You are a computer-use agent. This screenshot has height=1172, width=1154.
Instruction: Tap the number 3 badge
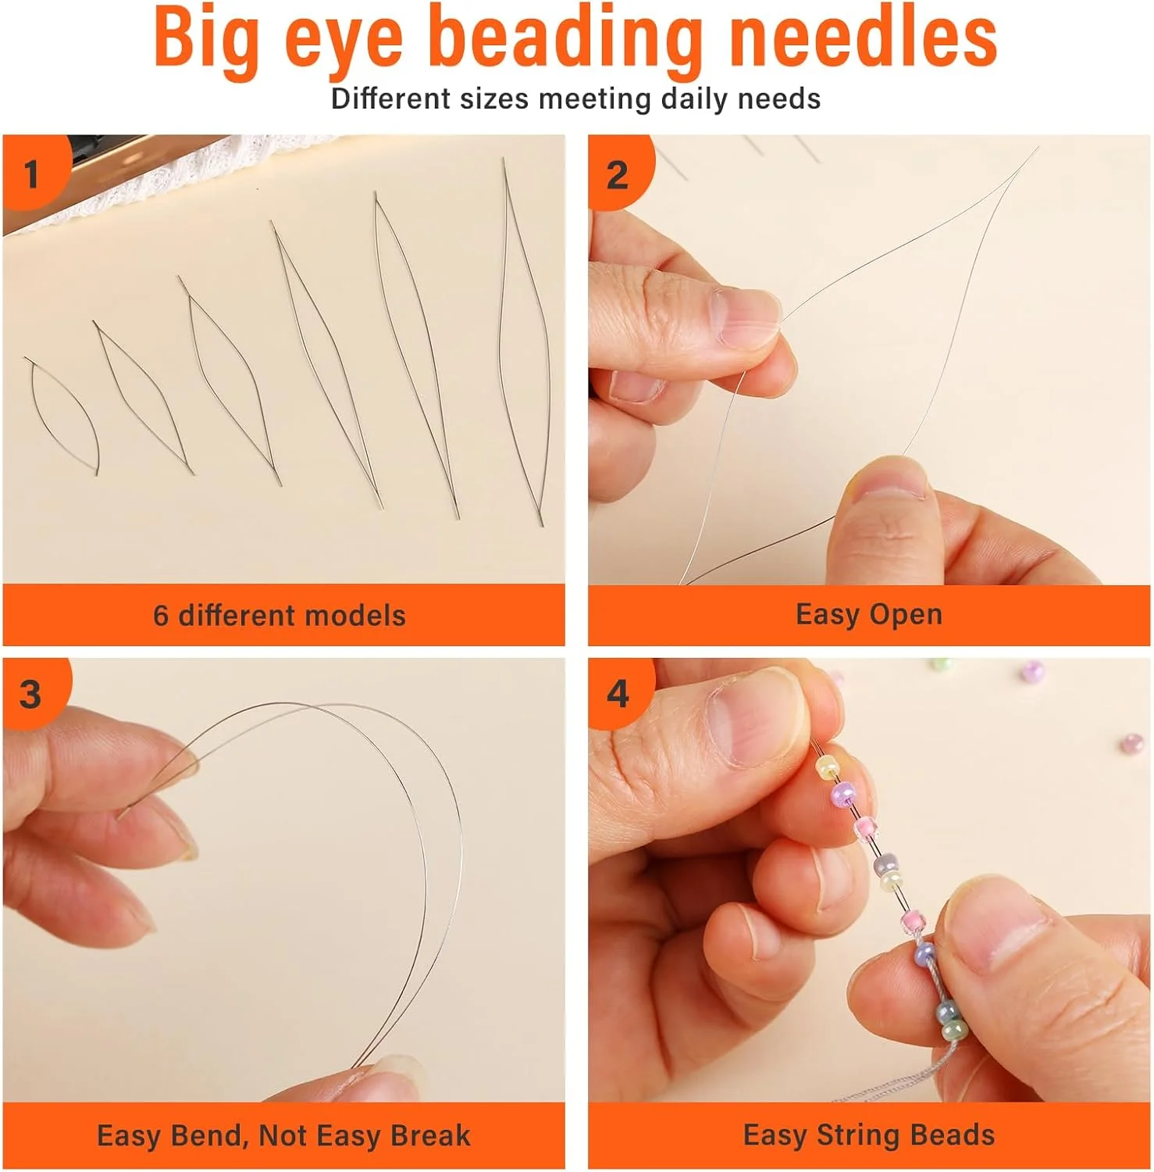point(31,694)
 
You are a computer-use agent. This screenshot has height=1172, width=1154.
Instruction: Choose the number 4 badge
point(618,694)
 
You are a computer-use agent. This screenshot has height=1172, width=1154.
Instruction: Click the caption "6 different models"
point(280,616)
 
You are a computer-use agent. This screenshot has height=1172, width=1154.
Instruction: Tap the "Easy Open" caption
point(869,614)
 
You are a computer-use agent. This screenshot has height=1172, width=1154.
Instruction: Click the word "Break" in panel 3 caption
point(430,1135)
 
